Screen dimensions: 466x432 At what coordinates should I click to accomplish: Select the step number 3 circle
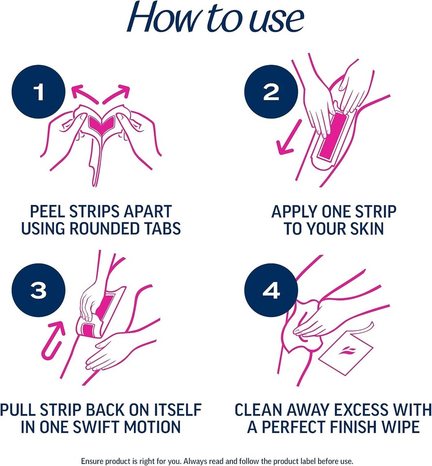(38, 291)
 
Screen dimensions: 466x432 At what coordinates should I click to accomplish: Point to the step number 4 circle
(271, 291)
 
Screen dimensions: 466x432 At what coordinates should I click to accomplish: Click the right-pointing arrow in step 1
(118, 93)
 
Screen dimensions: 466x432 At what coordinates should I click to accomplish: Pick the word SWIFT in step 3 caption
(100, 427)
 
